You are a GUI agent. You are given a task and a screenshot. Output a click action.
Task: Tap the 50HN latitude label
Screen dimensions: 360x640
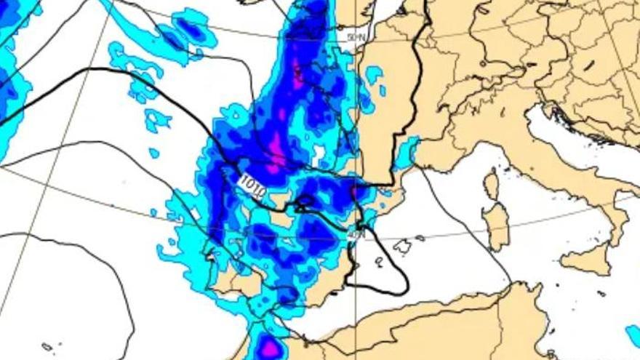(x=356, y=36)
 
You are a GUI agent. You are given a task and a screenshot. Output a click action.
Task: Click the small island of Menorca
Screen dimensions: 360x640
(x=420, y=238)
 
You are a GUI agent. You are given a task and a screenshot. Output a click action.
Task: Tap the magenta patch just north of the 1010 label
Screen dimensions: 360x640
(x=275, y=148)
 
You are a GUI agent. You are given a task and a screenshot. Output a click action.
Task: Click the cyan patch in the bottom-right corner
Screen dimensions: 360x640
(x=633, y=335)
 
